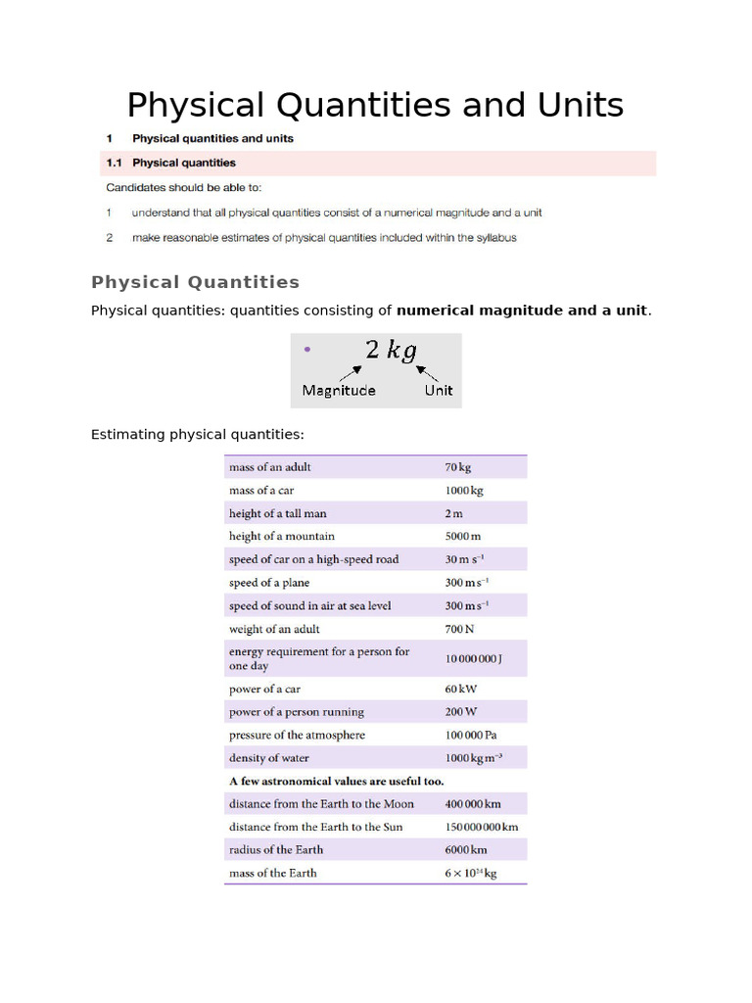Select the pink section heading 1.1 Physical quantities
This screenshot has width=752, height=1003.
[184, 163]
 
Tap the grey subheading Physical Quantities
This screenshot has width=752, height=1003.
[195, 282]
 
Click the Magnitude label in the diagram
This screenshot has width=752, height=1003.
[338, 390]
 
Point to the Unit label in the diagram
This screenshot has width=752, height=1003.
[438, 390]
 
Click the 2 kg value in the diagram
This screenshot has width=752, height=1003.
[390, 350]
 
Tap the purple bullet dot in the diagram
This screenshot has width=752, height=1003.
[307, 349]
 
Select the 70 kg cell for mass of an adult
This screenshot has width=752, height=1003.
[458, 467]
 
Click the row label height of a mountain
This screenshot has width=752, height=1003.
[281, 536]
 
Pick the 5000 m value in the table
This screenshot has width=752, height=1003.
[463, 537]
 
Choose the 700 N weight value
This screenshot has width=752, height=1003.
[459, 629]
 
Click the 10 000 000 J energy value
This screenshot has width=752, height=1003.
[473, 659]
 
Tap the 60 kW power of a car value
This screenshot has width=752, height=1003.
[460, 689]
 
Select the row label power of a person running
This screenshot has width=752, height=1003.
[296, 712]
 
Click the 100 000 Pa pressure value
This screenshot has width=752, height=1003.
[472, 735]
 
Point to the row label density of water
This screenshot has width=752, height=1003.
[268, 758]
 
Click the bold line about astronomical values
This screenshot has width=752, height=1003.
[336, 781]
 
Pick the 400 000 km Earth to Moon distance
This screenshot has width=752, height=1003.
[473, 804]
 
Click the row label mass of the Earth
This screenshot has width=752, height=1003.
[272, 873]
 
